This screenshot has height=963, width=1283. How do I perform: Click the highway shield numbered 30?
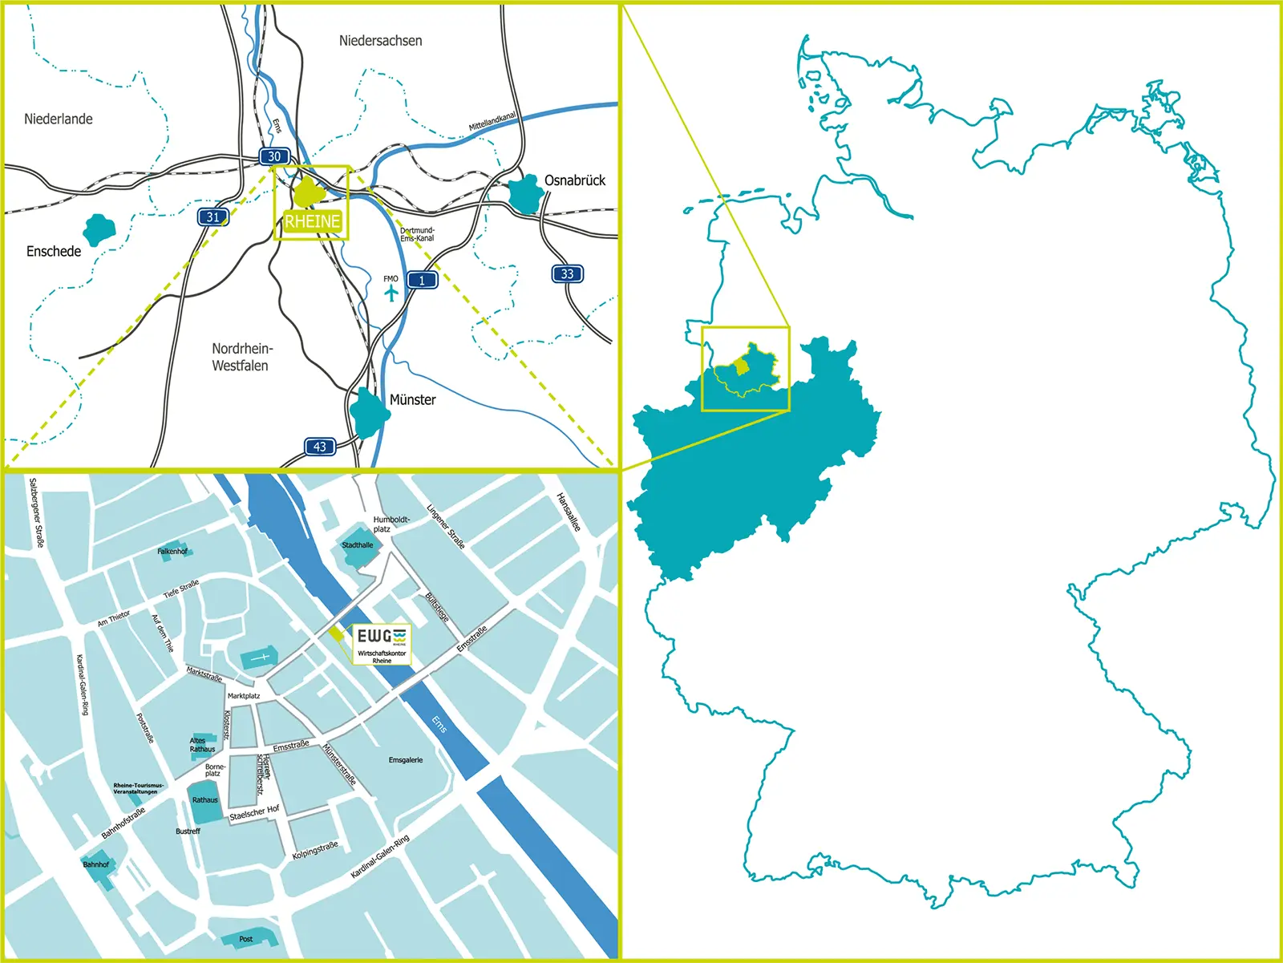[274, 156]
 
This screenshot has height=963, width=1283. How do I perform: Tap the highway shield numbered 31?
[212, 216]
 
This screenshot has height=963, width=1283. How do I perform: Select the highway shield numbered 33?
[567, 273]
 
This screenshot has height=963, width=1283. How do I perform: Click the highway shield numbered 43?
[320, 447]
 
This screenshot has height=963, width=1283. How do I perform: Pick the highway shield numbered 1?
[422, 280]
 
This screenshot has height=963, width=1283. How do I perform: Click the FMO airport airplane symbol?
[391, 293]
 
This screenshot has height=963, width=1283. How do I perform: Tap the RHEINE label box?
[312, 221]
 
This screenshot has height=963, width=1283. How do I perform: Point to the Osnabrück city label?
[575, 180]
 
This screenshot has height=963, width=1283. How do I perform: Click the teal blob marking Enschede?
[99, 230]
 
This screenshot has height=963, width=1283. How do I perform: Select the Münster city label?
[412, 399]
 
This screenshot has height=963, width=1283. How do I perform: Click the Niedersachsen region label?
[380, 40]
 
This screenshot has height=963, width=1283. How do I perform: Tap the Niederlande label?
[59, 119]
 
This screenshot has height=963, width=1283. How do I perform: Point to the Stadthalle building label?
[358, 545]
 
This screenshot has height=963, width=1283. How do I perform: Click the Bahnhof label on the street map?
[96, 864]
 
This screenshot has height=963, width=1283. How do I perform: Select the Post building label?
[246, 939]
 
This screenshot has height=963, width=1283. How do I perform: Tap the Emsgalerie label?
[406, 759]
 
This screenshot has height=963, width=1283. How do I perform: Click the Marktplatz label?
[244, 696]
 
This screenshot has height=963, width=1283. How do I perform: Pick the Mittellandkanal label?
[492, 122]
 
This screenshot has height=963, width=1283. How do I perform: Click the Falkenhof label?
[172, 552]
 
